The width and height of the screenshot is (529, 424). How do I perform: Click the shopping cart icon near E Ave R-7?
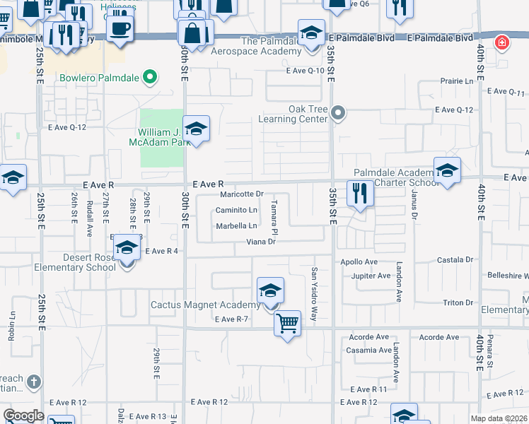(287, 324)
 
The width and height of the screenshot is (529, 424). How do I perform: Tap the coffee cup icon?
(120, 29)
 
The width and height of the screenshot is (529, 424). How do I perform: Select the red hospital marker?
(502, 42)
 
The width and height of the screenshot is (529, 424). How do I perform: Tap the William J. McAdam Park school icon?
(196, 129)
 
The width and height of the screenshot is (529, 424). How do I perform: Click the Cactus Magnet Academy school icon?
(269, 291)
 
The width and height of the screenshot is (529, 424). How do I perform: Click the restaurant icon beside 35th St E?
(360, 194)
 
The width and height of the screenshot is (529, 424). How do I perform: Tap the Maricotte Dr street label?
(241, 194)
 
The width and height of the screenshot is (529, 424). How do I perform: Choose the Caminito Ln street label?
(236, 210)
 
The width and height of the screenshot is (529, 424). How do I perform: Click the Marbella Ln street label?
(236, 226)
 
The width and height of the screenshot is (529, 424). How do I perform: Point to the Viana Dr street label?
(260, 242)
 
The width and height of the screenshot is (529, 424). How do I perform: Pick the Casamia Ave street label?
(368, 350)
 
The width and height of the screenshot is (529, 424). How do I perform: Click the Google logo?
(24, 416)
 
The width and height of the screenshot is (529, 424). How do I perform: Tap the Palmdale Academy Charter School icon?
(447, 171)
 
